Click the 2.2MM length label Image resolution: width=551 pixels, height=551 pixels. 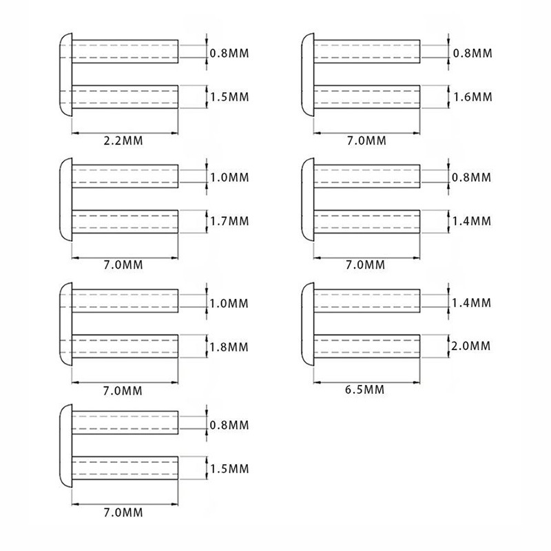coord(123,141)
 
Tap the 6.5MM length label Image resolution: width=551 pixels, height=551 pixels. coord(364,390)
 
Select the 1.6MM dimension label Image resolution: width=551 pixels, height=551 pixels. coord(471,96)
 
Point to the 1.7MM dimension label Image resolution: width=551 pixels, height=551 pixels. coord(229,221)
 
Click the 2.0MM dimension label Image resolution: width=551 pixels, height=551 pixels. coord(471,345)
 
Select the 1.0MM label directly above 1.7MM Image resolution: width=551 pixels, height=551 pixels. coord(229,178)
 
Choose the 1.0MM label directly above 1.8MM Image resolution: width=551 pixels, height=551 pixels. coord(229,302)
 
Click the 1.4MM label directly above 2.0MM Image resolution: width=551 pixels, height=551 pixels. coord(471,302)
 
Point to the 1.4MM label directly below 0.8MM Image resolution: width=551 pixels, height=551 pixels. coord(471,221)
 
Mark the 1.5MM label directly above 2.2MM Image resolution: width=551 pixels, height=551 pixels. coord(229,96)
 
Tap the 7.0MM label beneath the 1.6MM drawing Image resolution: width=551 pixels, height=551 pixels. coord(366,141)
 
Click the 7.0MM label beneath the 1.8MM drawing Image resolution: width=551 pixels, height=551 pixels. coord(123,391)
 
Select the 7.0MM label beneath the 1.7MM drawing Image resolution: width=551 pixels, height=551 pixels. coord(123,265)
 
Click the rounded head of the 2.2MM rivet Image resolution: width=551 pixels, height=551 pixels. coord(63,73)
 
